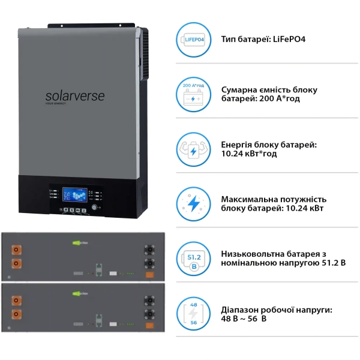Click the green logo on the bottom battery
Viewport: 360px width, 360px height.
tap(80, 293)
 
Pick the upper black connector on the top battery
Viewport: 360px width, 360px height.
tap(145, 247)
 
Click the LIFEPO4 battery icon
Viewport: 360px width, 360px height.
tap(194, 39)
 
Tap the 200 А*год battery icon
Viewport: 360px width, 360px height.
tap(194, 94)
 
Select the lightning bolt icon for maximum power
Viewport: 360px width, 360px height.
tap(194, 204)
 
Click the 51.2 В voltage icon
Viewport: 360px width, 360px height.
tap(194, 259)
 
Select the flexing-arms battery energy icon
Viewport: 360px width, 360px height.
tap(194, 149)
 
